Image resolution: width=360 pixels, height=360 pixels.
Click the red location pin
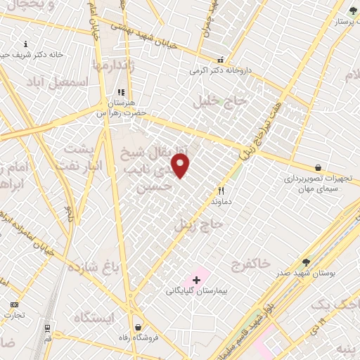(x=181, y=165)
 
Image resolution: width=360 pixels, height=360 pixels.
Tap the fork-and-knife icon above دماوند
(x=221, y=191)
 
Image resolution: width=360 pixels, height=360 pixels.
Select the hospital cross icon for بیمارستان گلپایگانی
(x=196, y=280)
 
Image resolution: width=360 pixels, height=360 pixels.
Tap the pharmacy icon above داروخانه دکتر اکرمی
(x=221, y=60)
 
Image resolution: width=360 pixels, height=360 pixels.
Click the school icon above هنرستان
(x=120, y=91)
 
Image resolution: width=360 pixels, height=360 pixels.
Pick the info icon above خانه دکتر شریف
(x=26, y=44)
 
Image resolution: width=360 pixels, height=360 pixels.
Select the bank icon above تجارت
(x=14, y=304)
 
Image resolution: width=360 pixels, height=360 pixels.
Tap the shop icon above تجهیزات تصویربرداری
(x=319, y=167)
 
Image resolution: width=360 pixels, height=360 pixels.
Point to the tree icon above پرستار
(x=352, y=11)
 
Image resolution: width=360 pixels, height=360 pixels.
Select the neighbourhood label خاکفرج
(x=252, y=264)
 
